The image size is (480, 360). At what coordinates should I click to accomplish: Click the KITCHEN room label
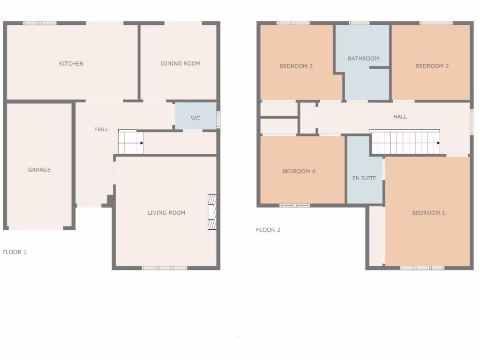pyautogui.click(x=71, y=64)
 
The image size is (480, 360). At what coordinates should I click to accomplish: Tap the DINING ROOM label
pyautogui.click(x=180, y=64)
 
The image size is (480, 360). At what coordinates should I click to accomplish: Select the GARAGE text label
pyautogui.click(x=39, y=170)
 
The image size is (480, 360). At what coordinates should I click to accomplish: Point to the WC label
pyautogui.click(x=195, y=118)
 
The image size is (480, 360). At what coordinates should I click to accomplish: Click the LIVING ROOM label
pyautogui.click(x=166, y=213)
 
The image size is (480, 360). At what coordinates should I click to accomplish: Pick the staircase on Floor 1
pyautogui.click(x=130, y=142)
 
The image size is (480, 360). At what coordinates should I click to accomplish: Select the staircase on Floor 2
pyautogui.click(x=405, y=142)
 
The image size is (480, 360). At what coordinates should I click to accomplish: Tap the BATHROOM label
pyautogui.click(x=363, y=59)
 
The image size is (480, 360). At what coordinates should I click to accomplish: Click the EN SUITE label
pyautogui.click(x=364, y=178)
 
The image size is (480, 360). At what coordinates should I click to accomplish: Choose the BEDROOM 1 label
pyautogui.click(x=428, y=213)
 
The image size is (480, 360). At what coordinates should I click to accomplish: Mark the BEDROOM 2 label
pyautogui.click(x=432, y=66)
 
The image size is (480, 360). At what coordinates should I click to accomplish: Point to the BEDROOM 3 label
pyautogui.click(x=296, y=66)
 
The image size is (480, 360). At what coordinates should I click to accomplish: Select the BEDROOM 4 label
pyautogui.click(x=299, y=172)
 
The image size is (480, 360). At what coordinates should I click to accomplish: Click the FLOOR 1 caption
pyautogui.click(x=15, y=252)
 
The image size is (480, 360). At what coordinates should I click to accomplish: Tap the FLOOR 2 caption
pyautogui.click(x=268, y=230)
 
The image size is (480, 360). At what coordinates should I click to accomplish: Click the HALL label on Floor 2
pyautogui.click(x=400, y=117)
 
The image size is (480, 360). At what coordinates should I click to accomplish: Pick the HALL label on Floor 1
pyautogui.click(x=102, y=129)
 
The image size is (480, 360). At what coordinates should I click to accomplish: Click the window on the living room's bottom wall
pyautogui.click(x=165, y=268)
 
